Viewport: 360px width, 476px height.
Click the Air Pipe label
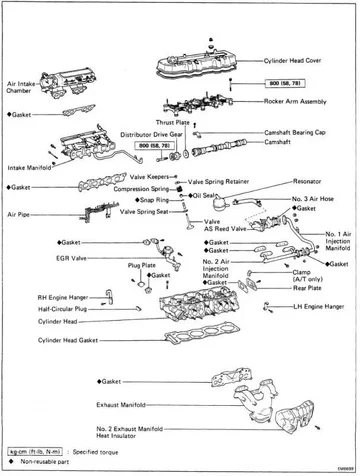click(18, 214)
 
